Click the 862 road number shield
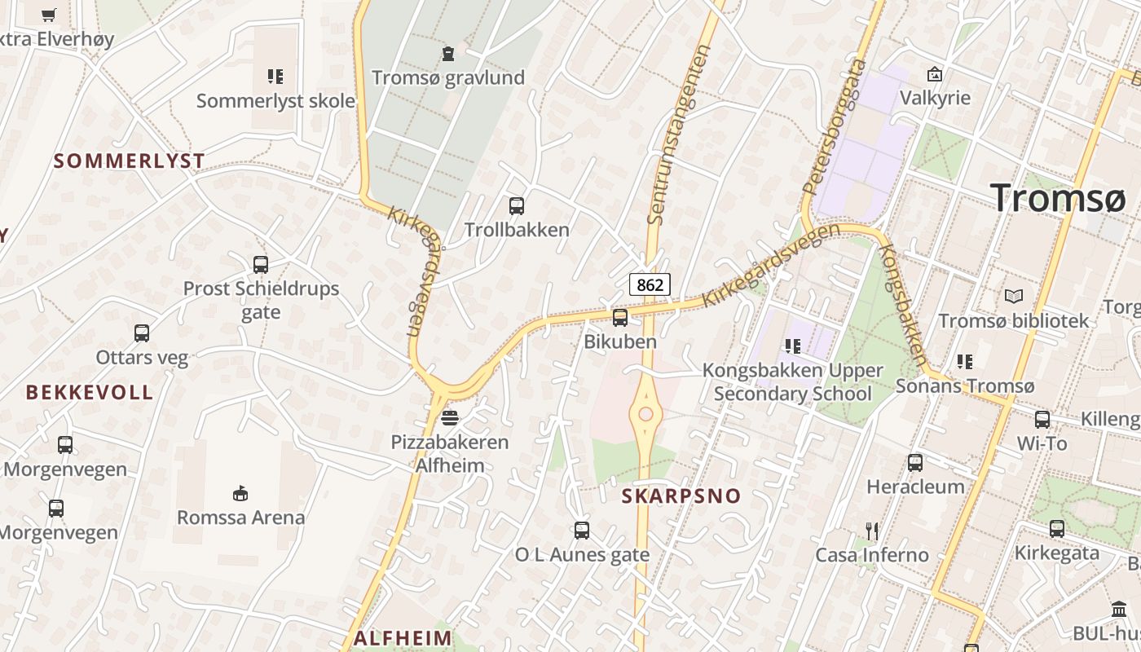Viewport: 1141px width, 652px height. click(x=650, y=284)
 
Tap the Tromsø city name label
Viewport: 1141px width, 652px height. click(x=1058, y=198)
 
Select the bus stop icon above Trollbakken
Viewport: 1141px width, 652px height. click(x=517, y=206)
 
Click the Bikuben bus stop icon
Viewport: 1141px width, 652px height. click(x=620, y=318)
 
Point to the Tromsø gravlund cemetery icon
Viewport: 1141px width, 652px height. click(x=447, y=55)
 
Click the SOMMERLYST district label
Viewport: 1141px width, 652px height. click(x=129, y=161)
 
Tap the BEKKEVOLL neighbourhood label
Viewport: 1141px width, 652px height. click(x=90, y=392)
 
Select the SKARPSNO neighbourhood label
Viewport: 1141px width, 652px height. click(x=681, y=496)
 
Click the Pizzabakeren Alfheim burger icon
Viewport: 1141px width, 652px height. click(x=449, y=418)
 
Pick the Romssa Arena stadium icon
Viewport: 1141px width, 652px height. click(x=240, y=493)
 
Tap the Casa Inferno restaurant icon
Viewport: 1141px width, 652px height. click(x=872, y=531)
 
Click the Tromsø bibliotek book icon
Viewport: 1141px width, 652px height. click(x=1014, y=297)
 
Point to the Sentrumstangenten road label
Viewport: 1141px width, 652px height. click(x=679, y=134)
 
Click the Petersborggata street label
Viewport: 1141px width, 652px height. click(x=835, y=126)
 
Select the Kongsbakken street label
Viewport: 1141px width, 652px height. click(x=904, y=305)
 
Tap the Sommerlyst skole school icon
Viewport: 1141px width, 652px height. click(x=275, y=77)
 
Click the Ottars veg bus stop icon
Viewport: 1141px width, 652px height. click(x=142, y=333)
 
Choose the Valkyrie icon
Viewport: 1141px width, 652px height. click(x=935, y=74)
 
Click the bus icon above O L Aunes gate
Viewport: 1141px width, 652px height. click(x=582, y=531)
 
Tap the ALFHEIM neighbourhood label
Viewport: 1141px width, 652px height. click(x=403, y=637)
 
